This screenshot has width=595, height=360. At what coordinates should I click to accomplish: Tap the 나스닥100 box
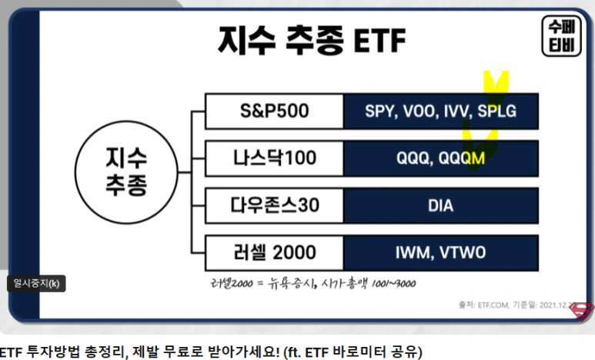point(274,158)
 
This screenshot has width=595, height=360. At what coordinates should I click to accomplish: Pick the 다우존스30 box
point(274,205)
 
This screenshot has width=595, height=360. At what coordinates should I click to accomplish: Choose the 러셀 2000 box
point(274,253)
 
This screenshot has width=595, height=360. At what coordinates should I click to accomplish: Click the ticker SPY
point(379,112)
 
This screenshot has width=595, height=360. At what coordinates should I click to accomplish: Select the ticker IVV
point(455,112)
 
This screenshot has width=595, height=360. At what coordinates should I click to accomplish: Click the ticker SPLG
point(497,112)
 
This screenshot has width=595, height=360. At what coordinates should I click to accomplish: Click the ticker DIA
point(440,206)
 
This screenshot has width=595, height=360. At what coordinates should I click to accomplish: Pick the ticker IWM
point(412,253)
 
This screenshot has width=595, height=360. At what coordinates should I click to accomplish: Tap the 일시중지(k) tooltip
point(36,283)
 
